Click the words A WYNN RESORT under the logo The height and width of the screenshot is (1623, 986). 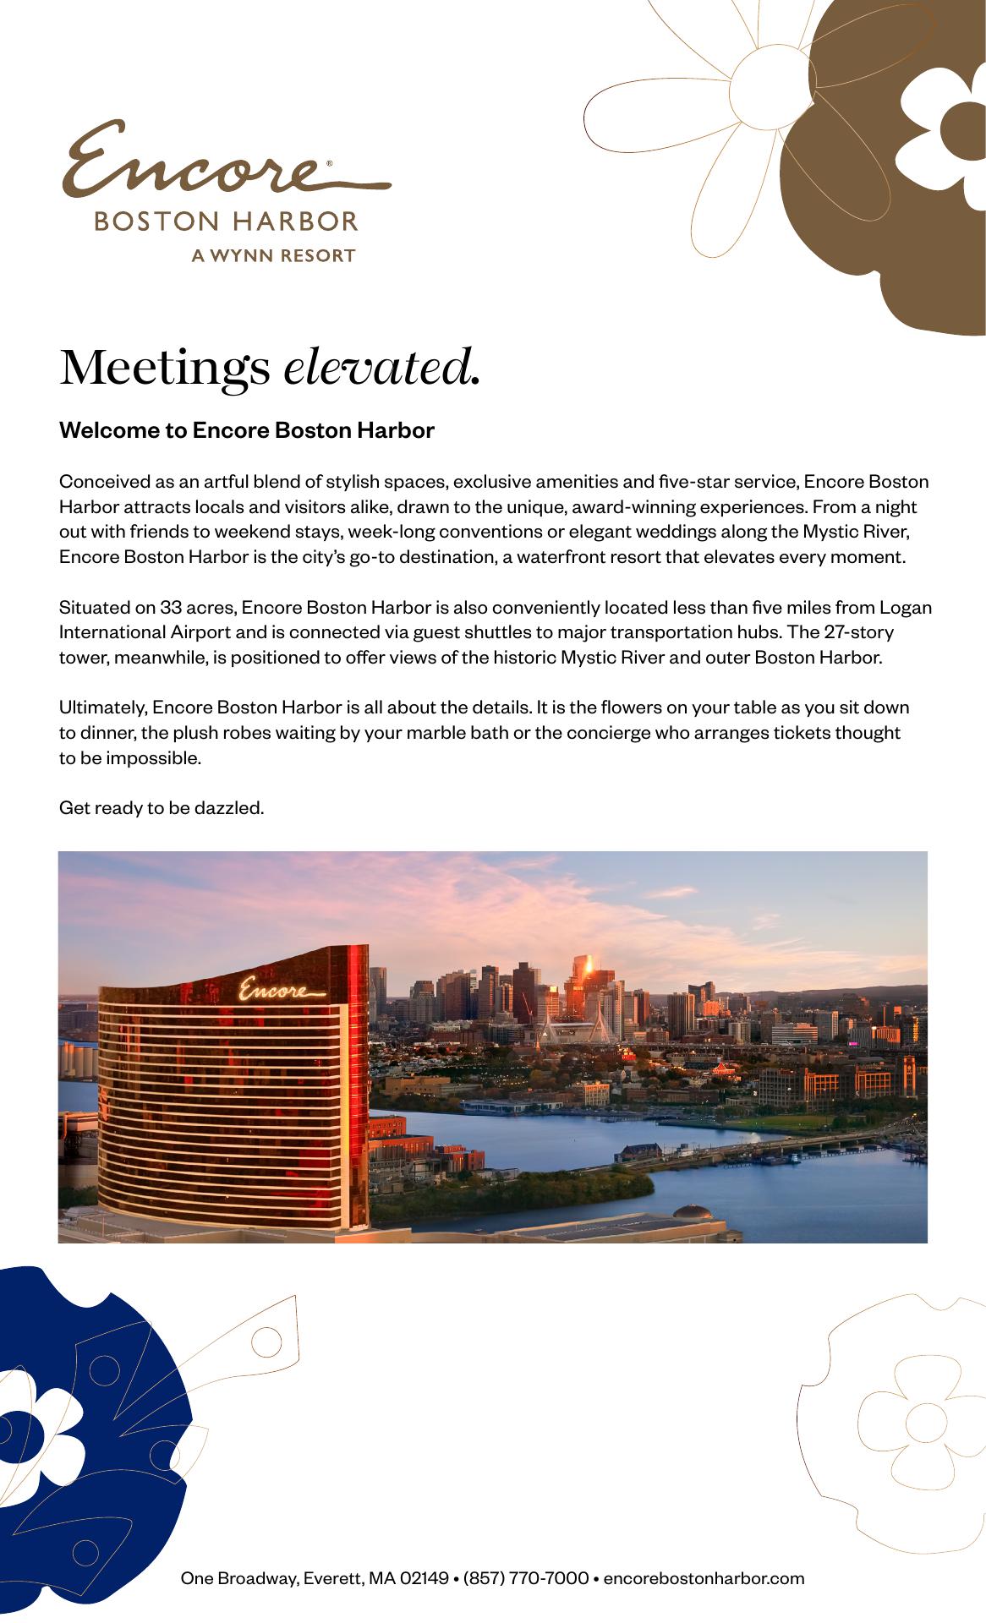pos(272,255)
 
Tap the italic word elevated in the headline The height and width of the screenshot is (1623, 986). pos(381,369)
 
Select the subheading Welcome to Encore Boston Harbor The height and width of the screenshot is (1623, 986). pos(246,430)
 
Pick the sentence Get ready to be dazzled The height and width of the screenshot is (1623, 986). pos(162,808)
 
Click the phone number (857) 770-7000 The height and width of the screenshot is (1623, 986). pos(525,1578)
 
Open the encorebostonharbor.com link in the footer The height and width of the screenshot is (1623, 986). pos(704,1578)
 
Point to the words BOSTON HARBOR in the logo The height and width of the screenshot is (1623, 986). pos(226,221)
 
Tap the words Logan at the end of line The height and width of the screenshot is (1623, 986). pos(906,607)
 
